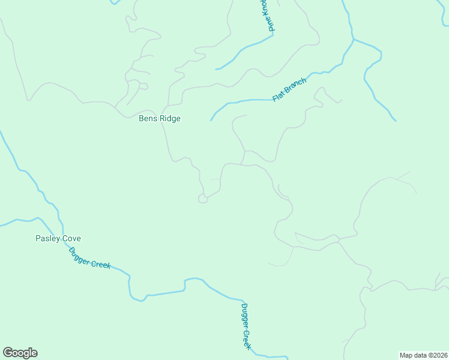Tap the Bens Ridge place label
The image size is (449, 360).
(x=160, y=118)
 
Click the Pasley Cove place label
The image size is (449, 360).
(x=58, y=238)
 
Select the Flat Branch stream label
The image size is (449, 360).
(x=289, y=89)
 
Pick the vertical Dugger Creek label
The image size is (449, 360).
(x=246, y=326)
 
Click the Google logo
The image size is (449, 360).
(x=20, y=353)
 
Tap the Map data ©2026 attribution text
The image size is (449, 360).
(x=424, y=355)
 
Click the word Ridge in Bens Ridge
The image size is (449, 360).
(x=170, y=118)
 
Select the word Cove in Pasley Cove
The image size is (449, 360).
(x=70, y=238)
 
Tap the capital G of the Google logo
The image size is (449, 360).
(x=7, y=353)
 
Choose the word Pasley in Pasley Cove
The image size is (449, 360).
(x=47, y=238)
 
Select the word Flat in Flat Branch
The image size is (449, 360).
(x=277, y=97)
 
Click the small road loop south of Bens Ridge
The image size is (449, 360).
(x=203, y=199)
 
